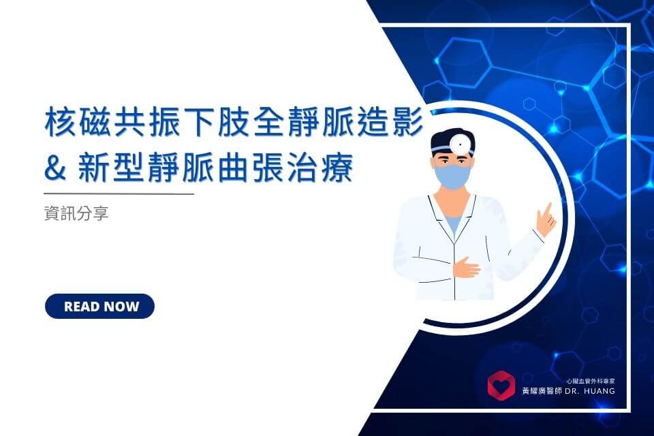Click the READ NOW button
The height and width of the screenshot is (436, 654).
pos(99,307)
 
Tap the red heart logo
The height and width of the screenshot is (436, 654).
pos(501,386)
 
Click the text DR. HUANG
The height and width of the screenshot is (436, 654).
pos(590,391)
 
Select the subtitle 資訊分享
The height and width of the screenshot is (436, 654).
pos(76,213)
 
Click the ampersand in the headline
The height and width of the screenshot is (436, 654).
pos(55,168)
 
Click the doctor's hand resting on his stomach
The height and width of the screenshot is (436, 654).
pos(466,266)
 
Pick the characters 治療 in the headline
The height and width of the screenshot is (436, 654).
pos(321,168)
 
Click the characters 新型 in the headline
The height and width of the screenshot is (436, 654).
pos(112,168)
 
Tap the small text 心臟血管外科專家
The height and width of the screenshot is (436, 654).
pos(591,381)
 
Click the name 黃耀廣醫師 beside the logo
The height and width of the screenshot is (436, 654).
pos(542,391)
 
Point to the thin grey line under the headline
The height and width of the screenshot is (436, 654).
pos(119,193)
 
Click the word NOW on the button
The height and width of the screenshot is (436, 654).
pos(120,307)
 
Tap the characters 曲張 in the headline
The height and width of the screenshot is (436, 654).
pos(252,168)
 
